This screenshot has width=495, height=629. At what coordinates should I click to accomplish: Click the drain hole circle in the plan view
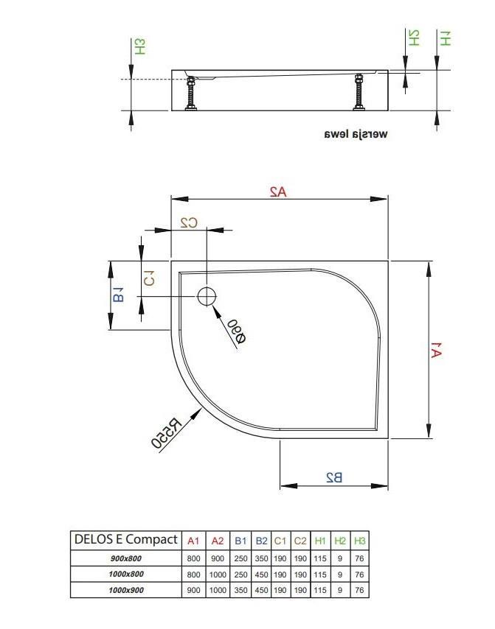(207, 296)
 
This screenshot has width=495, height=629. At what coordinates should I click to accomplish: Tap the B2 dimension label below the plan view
(334, 477)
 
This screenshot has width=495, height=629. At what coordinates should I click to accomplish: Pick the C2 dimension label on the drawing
(189, 222)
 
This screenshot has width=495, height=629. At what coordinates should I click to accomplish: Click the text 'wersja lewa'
(355, 136)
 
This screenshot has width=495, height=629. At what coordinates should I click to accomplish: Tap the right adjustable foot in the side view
(359, 93)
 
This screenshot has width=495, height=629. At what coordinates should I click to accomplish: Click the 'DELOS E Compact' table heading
(125, 539)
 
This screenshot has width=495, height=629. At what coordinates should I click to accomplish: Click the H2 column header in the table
(340, 541)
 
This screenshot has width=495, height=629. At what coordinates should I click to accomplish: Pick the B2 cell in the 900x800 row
(261, 558)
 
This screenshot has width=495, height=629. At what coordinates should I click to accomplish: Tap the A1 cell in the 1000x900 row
(194, 590)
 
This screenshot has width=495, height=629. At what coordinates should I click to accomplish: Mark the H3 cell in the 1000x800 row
(359, 574)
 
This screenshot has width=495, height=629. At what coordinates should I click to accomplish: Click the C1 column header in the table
(280, 541)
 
